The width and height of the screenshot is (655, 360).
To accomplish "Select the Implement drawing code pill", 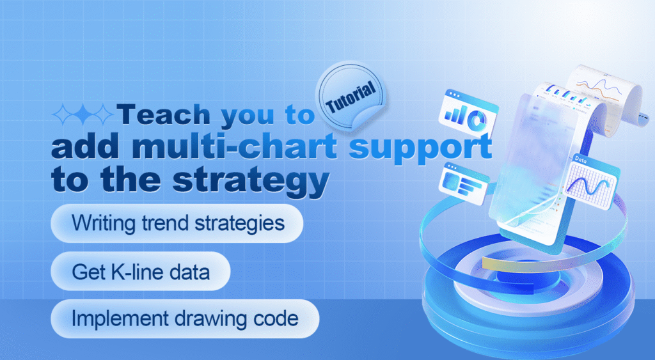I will [x=185, y=318].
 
